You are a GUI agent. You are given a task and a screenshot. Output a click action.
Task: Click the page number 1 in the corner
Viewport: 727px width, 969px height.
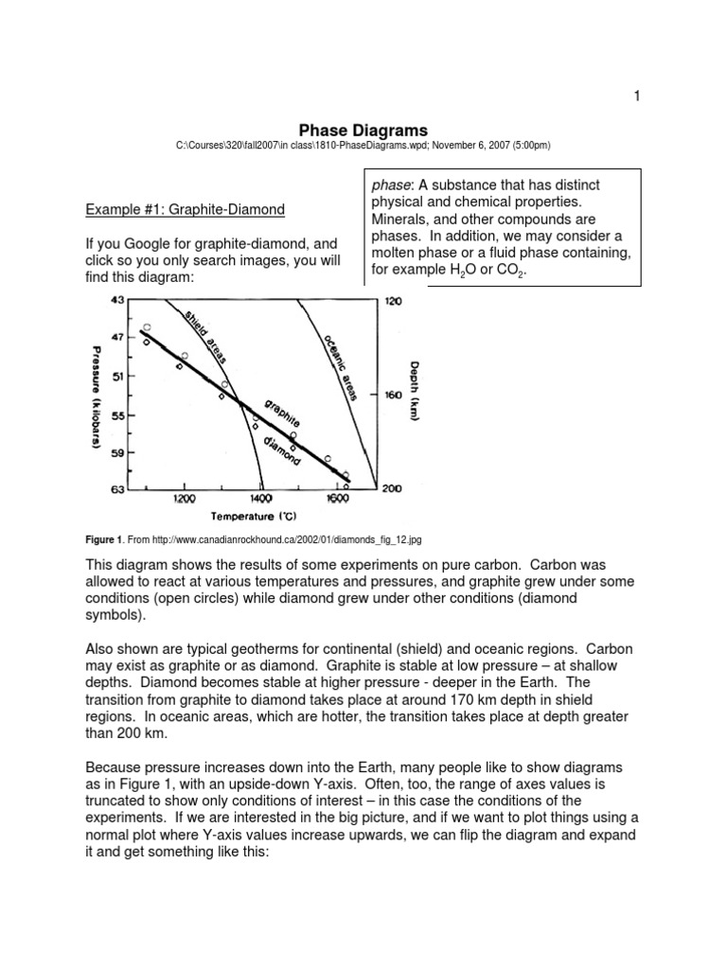pos(637,96)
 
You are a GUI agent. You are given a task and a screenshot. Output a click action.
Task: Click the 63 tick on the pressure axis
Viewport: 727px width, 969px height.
pos(118,489)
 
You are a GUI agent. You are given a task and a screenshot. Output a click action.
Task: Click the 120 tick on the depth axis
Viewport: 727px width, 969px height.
pos(393,302)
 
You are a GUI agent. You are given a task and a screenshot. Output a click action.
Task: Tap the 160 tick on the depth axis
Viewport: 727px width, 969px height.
pos(393,395)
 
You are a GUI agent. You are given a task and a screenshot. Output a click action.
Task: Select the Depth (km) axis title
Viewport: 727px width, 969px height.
pos(417,389)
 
